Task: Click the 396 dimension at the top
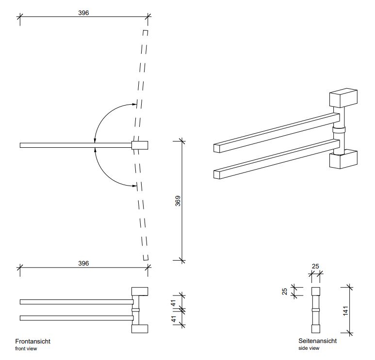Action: click(x=83, y=13)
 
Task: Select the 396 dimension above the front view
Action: click(x=83, y=263)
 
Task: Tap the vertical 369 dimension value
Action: click(x=178, y=201)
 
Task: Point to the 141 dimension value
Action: click(x=345, y=310)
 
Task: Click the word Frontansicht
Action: click(x=33, y=341)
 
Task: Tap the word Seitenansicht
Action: click(x=317, y=341)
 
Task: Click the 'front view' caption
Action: click(x=26, y=348)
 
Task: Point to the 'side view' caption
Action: click(x=309, y=348)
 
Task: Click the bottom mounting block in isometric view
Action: click(x=343, y=159)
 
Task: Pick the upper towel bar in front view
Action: click(x=76, y=302)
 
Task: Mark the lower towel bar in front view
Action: click(x=76, y=318)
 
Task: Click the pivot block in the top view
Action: click(x=140, y=145)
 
